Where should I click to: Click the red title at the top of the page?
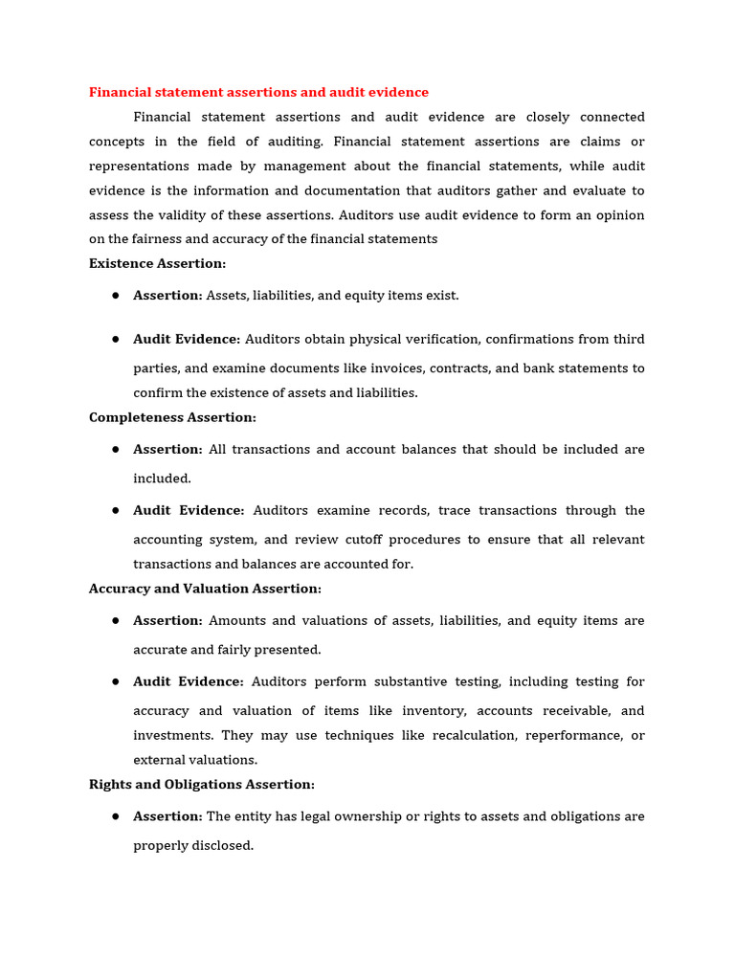tap(258, 92)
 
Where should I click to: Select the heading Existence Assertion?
tap(157, 263)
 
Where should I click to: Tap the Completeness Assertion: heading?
tap(172, 417)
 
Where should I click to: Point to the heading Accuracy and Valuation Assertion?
tap(205, 589)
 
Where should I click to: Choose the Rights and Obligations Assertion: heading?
tap(201, 784)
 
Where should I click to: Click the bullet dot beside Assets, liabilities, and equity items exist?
tap(115, 296)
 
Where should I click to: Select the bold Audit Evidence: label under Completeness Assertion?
tap(189, 510)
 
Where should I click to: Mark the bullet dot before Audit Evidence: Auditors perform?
tap(115, 681)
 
